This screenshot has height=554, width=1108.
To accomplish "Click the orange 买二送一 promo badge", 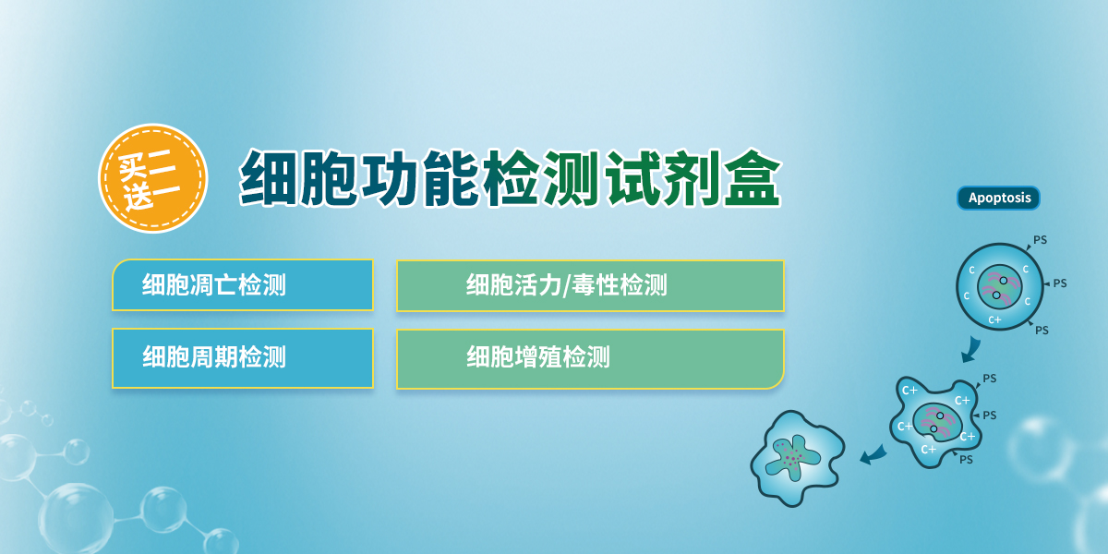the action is click(153, 178).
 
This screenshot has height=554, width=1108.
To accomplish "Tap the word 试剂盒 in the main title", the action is click(693, 178).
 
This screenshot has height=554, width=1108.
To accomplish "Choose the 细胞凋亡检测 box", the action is click(243, 285).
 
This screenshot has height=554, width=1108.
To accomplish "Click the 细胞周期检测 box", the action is click(243, 358).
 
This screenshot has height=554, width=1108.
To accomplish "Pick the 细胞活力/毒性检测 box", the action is click(590, 286).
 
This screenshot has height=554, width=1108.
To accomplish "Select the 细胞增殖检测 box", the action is click(590, 359).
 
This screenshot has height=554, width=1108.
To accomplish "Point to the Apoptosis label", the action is click(999, 198).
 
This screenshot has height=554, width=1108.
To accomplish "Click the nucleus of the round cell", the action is click(1000, 287).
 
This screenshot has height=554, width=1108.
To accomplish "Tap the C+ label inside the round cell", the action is click(994, 320).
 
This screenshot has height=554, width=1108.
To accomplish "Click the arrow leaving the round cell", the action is click(971, 349).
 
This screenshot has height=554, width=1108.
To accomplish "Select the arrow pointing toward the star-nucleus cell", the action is click(873, 454).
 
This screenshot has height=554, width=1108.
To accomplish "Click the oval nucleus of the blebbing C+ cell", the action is click(937, 422).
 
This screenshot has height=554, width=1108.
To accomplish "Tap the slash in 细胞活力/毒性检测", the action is click(566, 286).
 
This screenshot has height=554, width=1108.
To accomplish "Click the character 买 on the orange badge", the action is click(132, 167).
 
